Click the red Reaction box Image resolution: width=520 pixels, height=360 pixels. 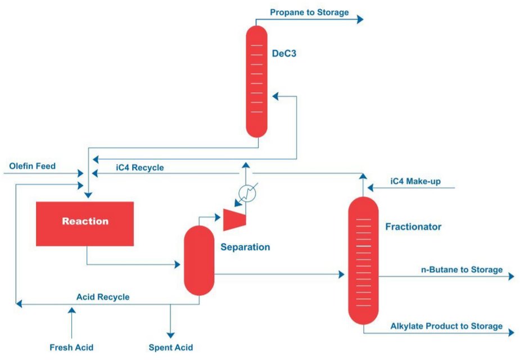click(x=85, y=223)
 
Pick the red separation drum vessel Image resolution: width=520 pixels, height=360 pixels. click(x=200, y=260)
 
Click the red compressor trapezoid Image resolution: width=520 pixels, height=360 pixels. click(x=233, y=219)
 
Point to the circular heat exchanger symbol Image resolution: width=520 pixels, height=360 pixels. click(x=245, y=192)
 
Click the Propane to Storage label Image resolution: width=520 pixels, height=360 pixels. click(x=309, y=12)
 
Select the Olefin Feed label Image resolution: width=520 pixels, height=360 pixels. click(x=33, y=166)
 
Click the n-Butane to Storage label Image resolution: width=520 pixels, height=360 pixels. click(x=462, y=269)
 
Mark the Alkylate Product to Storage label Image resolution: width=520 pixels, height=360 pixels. click(x=446, y=326)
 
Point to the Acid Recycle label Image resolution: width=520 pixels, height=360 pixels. click(x=103, y=297)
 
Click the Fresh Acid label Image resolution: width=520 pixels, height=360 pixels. click(x=72, y=347)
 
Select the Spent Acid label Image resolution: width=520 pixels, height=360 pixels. click(x=170, y=347)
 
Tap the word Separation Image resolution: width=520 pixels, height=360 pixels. click(x=245, y=247)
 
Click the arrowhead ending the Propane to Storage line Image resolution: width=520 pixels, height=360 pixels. click(x=360, y=19)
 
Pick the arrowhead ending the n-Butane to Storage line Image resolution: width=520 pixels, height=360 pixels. click(x=510, y=277)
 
